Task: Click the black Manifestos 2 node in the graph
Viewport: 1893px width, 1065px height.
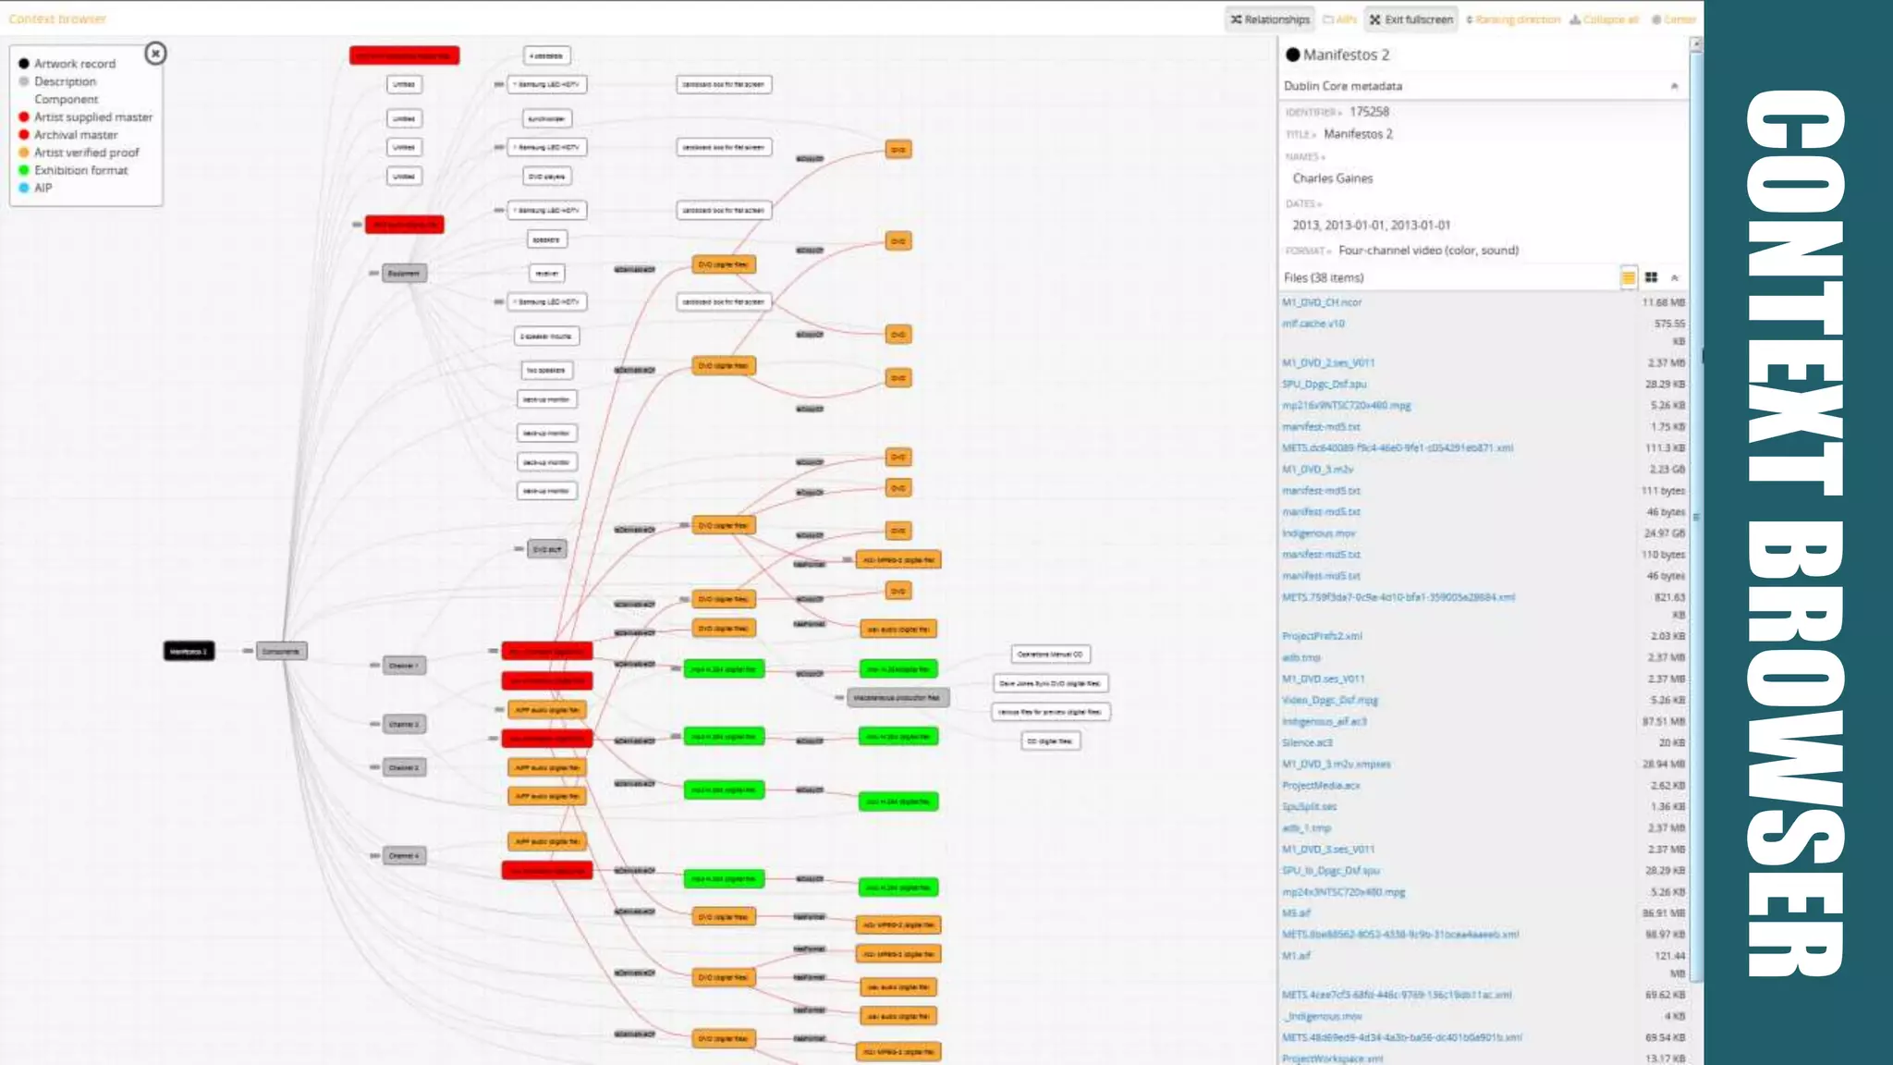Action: (189, 651)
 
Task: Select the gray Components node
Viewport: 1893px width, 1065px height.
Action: (281, 651)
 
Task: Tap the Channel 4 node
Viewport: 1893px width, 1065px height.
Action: (404, 856)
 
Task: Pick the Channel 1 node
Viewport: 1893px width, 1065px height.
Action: (404, 666)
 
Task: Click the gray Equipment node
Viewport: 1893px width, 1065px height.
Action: (404, 274)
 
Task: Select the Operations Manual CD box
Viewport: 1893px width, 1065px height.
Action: (1050, 655)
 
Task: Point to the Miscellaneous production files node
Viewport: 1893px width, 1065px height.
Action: (898, 698)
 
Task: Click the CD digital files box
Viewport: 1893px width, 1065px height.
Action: (1051, 741)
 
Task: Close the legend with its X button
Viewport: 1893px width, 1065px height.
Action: (155, 54)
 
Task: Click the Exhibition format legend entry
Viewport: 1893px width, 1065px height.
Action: (80, 170)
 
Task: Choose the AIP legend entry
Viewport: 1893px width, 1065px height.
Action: (43, 188)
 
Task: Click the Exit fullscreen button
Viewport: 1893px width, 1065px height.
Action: (1411, 19)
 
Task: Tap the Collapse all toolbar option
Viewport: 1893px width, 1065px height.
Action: (1605, 19)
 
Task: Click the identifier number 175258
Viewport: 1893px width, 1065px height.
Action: (1369, 112)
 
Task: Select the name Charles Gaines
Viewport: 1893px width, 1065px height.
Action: (1332, 178)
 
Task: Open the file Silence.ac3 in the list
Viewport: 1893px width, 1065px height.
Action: (1307, 743)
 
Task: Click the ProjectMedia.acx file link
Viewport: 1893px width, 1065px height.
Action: (1321, 786)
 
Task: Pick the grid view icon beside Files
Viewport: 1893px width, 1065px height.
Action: (1651, 277)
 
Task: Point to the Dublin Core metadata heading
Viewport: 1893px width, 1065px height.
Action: (1343, 86)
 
